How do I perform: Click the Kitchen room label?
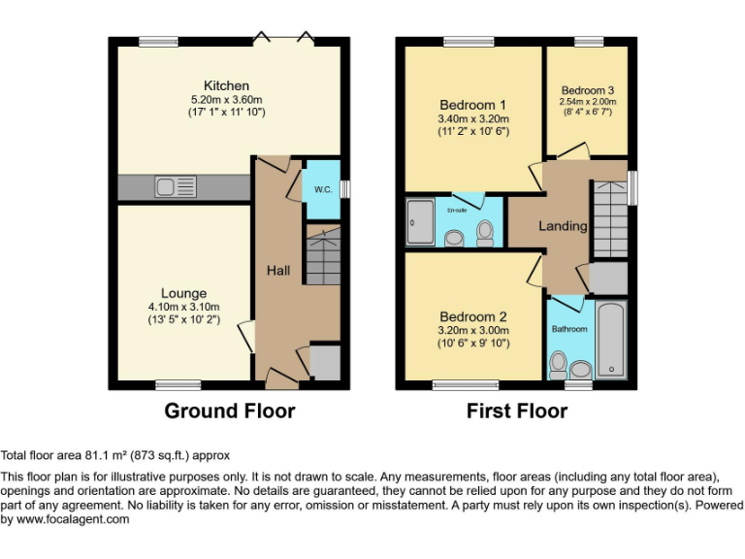tap(226, 85)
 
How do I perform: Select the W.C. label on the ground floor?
tap(323, 189)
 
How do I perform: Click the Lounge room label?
tap(183, 293)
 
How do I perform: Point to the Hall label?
tap(278, 271)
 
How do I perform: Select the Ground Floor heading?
tap(229, 411)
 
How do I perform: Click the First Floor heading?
tap(516, 411)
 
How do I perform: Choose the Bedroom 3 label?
tap(587, 90)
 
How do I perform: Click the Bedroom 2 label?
tap(472, 316)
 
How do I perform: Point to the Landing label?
tap(563, 226)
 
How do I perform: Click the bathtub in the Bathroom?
tap(610, 340)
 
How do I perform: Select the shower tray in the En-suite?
tap(421, 221)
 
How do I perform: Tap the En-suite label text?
tap(456, 208)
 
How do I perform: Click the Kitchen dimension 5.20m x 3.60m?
tap(226, 99)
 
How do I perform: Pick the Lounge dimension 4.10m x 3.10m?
tap(183, 307)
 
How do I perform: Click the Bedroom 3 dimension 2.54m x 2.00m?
tap(587, 101)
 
